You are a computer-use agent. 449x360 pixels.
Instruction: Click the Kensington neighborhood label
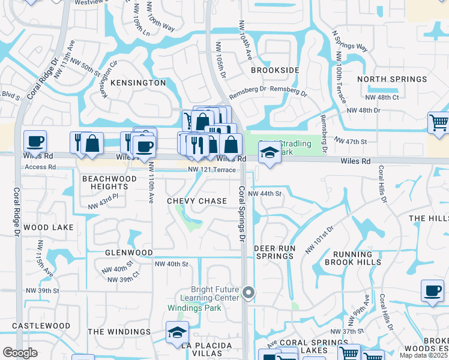coord(139,82)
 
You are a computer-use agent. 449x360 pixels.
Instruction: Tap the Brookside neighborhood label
coord(275,70)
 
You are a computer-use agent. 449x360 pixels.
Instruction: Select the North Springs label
coord(387,79)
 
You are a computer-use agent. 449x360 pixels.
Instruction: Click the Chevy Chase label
coord(197,201)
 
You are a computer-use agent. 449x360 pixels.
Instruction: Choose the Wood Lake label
coord(49,227)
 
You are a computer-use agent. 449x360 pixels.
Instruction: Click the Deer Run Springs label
coord(274,252)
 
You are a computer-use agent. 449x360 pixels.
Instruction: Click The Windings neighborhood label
coord(119,331)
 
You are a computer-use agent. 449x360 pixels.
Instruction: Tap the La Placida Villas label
coord(194,350)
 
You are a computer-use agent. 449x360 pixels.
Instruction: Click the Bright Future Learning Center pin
coord(249,293)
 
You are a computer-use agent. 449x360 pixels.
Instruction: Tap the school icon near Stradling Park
coord(270,153)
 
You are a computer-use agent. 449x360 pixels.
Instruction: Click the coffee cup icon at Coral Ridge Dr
coord(35,142)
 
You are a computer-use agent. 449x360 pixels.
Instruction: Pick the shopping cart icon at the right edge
coord(439,123)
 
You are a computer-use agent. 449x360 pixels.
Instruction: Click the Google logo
coord(20,353)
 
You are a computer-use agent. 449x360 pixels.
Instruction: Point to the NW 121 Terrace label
coord(211,170)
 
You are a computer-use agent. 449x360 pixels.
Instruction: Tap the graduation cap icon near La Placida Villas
coord(177,332)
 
